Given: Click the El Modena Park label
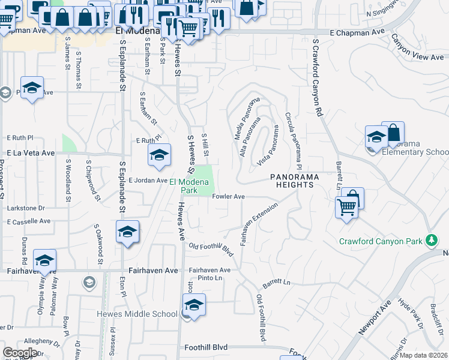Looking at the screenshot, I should (x=191, y=186).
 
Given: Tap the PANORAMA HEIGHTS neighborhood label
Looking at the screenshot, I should (x=292, y=181).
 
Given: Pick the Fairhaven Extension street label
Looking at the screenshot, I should (x=259, y=223).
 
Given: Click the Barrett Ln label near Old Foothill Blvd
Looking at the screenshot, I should (x=276, y=282).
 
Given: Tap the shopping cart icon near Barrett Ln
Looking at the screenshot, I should (x=347, y=208).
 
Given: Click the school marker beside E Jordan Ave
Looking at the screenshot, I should (x=159, y=156).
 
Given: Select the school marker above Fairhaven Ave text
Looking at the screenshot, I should (x=44, y=260).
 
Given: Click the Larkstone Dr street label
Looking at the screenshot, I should (x=26, y=208).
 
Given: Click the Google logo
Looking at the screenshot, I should (x=20, y=353).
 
